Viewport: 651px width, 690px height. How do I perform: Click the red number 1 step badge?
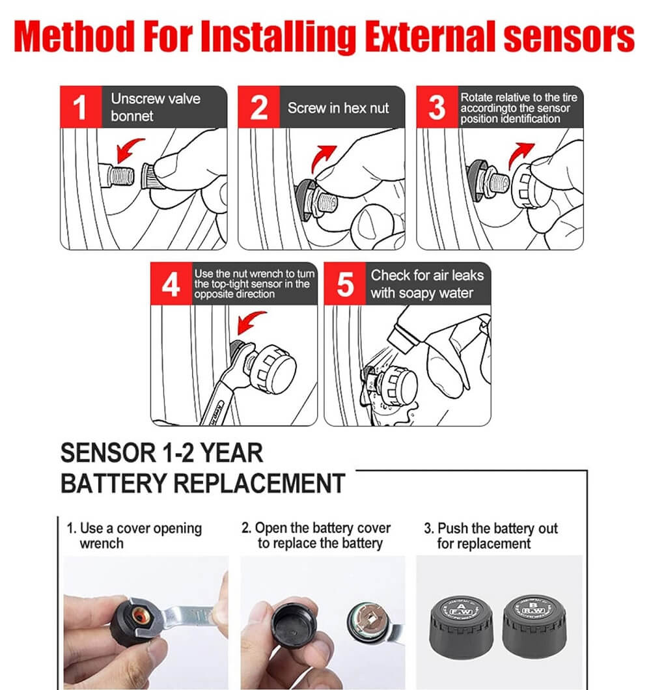tap(81, 107)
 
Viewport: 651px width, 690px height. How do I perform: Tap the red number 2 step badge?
tap(258, 107)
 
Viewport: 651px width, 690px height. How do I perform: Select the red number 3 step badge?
tap(437, 107)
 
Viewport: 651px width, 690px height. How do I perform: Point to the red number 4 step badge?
tap(171, 284)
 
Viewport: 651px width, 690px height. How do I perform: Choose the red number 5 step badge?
tap(344, 284)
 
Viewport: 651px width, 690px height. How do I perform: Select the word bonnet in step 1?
tap(132, 116)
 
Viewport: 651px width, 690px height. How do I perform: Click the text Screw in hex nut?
tap(338, 108)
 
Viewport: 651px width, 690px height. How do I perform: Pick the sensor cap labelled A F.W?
tap(460, 626)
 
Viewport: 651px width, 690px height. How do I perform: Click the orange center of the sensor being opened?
tap(141, 614)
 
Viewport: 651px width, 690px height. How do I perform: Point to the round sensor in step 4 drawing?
tap(273, 369)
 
